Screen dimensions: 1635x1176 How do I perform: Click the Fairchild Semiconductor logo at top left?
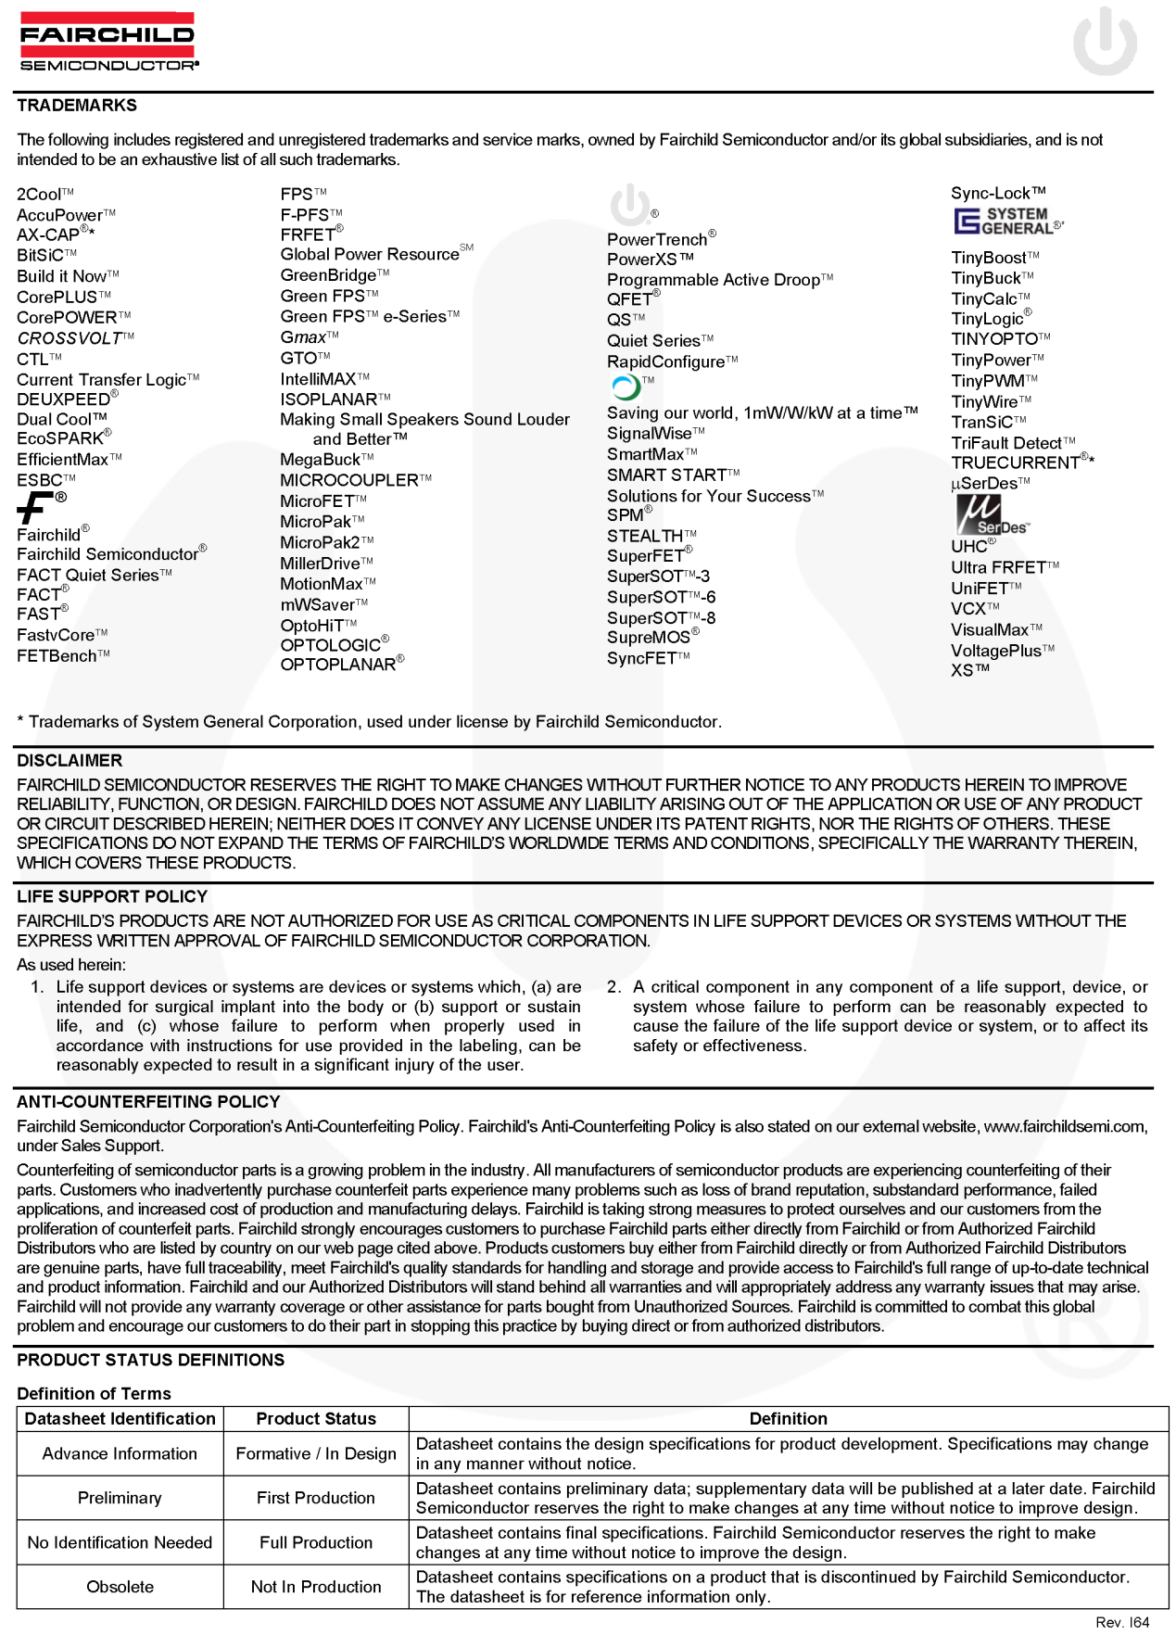pos(107,42)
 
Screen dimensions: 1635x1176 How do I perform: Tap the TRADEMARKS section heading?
pos(77,106)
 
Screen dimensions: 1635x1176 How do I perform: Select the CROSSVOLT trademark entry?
pos(70,338)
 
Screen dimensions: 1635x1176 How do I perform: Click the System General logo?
pos(1006,222)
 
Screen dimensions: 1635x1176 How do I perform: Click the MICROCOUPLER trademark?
pos(349,480)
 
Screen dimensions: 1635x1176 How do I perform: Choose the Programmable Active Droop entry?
pos(714,280)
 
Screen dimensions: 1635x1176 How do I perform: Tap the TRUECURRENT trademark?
pos(1016,463)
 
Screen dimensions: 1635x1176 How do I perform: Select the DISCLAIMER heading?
pos(70,761)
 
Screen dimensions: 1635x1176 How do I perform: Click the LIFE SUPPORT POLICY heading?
pos(112,896)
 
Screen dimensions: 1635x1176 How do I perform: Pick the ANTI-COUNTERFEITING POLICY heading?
pos(148,1102)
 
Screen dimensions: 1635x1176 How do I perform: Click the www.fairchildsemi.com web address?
pos(1065,1127)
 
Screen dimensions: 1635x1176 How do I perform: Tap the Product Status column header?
pos(316,1419)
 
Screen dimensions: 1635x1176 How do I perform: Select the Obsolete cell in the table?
pos(120,1587)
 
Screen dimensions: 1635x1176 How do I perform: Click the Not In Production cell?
pos(316,1587)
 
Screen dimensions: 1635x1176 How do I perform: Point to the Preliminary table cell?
pos(120,1498)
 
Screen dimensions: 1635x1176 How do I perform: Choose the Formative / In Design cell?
pos(316,1453)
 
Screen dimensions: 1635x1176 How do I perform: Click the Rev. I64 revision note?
pos(1121,1622)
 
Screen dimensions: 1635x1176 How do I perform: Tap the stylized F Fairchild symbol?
pos(36,507)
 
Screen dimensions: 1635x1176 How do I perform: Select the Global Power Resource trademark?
pos(370,255)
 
